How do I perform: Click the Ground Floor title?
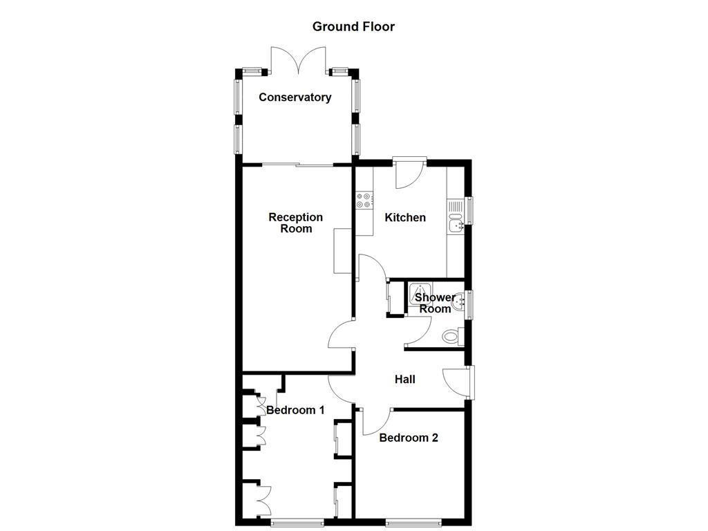pyautogui.click(x=353, y=27)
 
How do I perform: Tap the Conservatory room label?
pyautogui.click(x=295, y=97)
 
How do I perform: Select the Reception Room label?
pyautogui.click(x=296, y=223)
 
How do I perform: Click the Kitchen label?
pyautogui.click(x=405, y=218)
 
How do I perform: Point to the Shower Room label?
pyautogui.click(x=435, y=303)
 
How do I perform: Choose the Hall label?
pyautogui.click(x=404, y=379)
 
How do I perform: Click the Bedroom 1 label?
pyautogui.click(x=295, y=410)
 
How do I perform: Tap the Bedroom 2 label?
pyautogui.click(x=408, y=438)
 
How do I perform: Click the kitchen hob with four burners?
pyautogui.click(x=363, y=200)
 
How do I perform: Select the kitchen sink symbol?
pyautogui.click(x=456, y=225)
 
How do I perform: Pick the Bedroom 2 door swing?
pyautogui.click(x=375, y=421)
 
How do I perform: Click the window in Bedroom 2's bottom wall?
pyautogui.click(x=413, y=522)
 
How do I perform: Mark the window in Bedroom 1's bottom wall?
pyautogui.click(x=297, y=522)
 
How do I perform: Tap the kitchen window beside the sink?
pyautogui.click(x=470, y=211)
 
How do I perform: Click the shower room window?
pyautogui.click(x=470, y=305)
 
